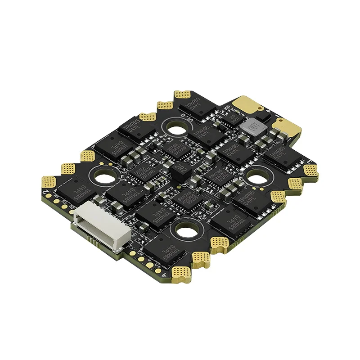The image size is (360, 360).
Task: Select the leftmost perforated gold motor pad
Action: [49, 182]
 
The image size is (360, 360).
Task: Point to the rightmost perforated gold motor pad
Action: [311, 170]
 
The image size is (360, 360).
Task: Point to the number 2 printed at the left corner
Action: [46, 194]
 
